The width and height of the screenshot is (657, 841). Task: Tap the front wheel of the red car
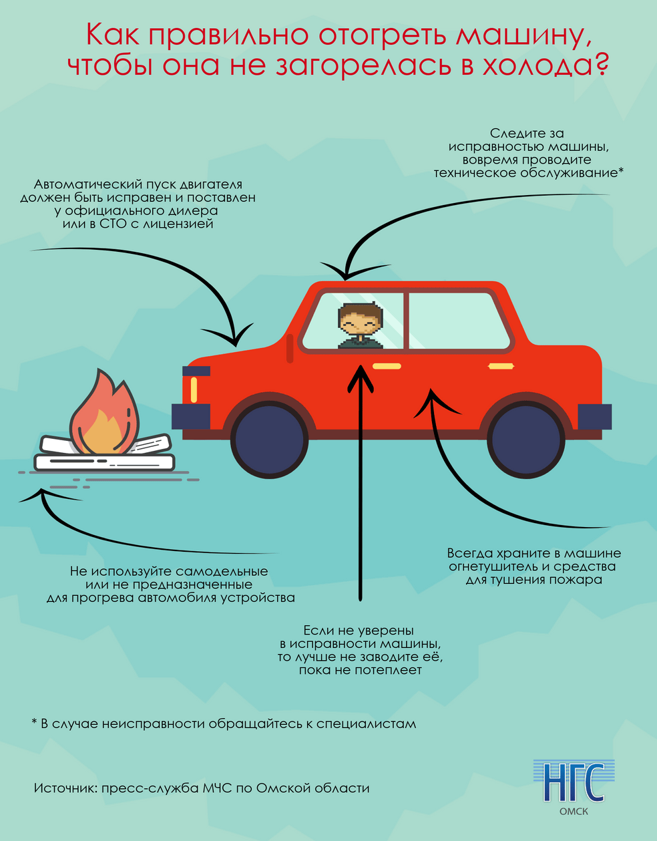pyautogui.click(x=270, y=439)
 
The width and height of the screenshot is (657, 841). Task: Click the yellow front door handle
pyautogui.click(x=387, y=366)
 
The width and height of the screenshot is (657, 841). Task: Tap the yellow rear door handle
pyautogui.click(x=501, y=366)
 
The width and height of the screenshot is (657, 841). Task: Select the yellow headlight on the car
pyautogui.click(x=194, y=389)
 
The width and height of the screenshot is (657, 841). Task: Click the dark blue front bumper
pyautogui.click(x=191, y=416)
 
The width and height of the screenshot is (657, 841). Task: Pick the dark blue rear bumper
pyautogui.click(x=594, y=417)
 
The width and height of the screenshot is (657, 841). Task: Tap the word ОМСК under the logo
pyautogui.click(x=574, y=812)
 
